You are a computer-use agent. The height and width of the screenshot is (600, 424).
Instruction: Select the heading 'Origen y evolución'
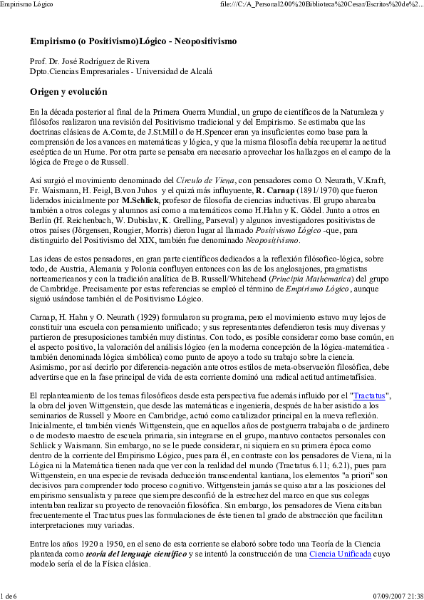point(68,92)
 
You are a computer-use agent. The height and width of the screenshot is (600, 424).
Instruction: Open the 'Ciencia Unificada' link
point(340,553)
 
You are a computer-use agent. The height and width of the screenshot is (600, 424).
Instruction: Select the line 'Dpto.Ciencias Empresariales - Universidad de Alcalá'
point(121,71)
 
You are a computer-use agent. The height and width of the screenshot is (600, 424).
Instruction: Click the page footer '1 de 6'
point(9,595)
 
